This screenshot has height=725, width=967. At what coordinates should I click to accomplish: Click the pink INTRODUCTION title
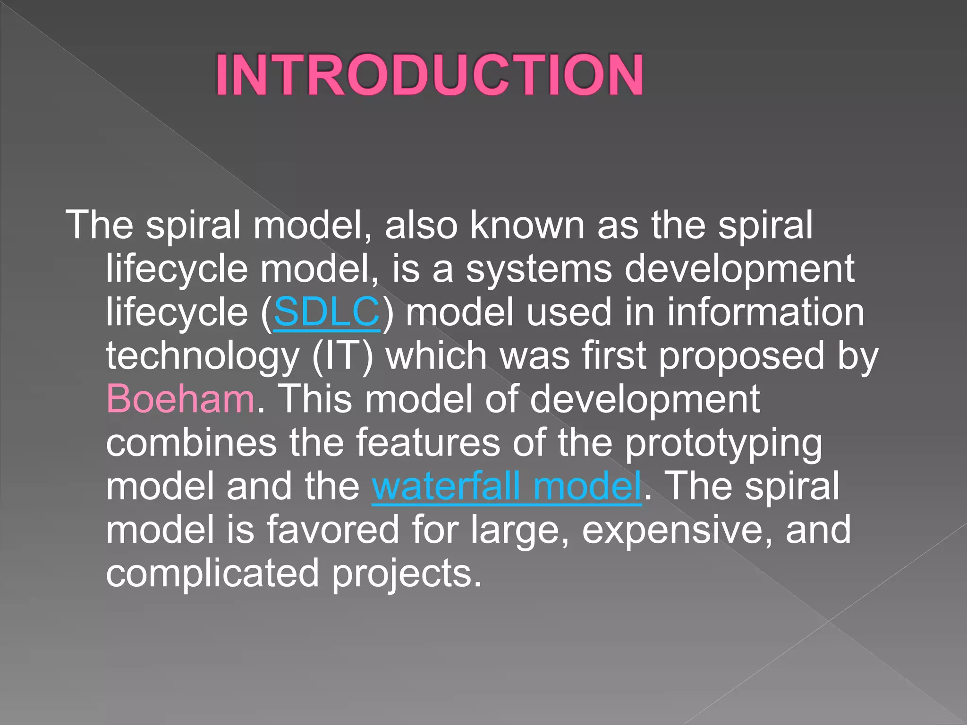point(429,76)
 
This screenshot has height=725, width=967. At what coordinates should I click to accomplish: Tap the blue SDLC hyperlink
point(327,312)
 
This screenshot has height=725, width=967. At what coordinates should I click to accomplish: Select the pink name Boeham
point(180,399)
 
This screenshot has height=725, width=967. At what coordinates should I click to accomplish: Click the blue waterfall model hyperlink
point(507,486)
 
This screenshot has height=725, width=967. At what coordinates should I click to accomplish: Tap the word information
point(765,312)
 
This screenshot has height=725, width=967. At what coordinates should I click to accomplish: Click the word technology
point(203,356)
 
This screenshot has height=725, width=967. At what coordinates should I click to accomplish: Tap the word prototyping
point(723,444)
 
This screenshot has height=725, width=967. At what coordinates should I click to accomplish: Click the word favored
point(333,530)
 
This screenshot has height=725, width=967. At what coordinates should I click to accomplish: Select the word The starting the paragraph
point(99,225)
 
